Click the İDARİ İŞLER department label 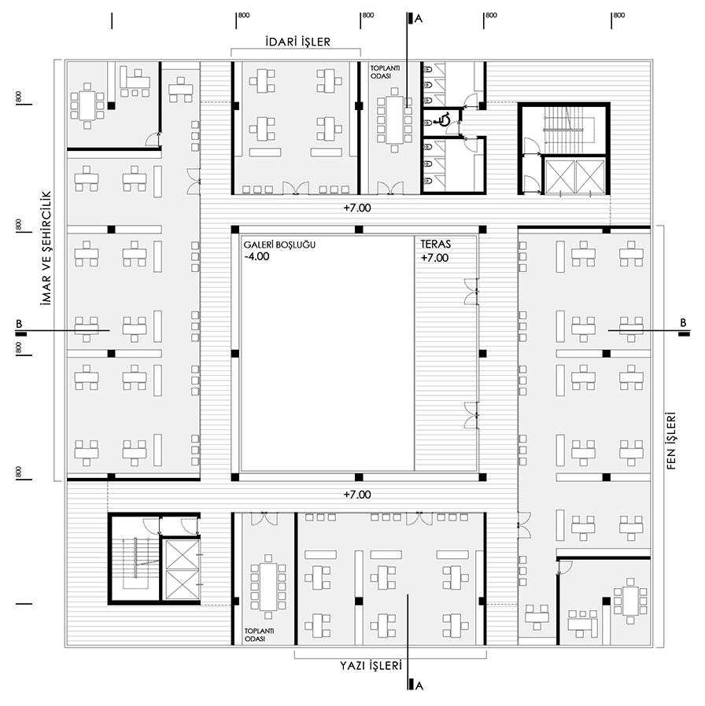pyautogui.click(x=297, y=42)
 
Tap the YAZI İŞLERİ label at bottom pyautogui.click(x=371, y=665)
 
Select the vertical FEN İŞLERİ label pyautogui.click(x=671, y=441)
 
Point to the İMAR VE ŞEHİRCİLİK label pyautogui.click(x=46, y=249)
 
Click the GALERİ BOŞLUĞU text pyautogui.click(x=279, y=245)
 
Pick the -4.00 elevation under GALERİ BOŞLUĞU pyautogui.click(x=257, y=256)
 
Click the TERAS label pyautogui.click(x=436, y=245)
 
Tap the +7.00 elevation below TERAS pyautogui.click(x=434, y=258)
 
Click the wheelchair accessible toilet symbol pyautogui.click(x=442, y=120)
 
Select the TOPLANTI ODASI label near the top pyautogui.click(x=385, y=72)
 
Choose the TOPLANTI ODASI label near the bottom pyautogui.click(x=259, y=635)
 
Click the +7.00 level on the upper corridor pyautogui.click(x=356, y=208)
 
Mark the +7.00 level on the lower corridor pyautogui.click(x=356, y=495)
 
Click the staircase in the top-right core pyautogui.click(x=564, y=131)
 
